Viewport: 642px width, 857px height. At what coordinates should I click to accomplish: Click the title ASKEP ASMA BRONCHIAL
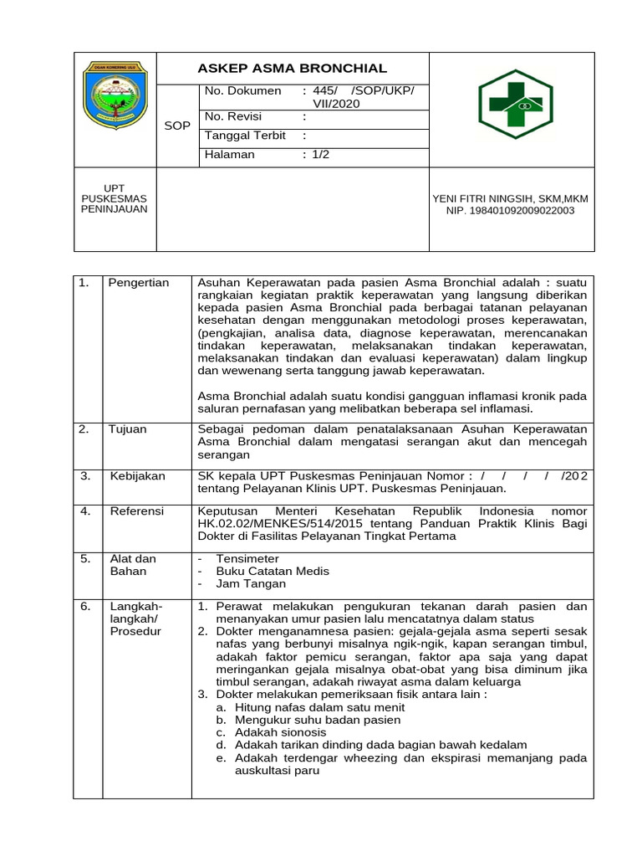pos(292,69)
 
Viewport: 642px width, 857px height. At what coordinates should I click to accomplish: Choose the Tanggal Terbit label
pos(246,136)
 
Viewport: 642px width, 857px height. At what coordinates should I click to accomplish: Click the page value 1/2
pos(321,155)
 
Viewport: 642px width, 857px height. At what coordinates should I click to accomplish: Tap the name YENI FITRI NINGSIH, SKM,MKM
pos(510,198)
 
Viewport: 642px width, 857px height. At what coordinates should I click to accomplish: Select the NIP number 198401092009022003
pos(510,211)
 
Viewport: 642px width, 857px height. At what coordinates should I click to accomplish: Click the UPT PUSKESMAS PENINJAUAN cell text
pos(114,198)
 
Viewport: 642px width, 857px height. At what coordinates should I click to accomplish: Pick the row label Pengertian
pos(138,283)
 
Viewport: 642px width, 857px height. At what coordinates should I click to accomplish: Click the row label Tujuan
pos(127,429)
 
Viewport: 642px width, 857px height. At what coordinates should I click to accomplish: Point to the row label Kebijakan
pos(138,476)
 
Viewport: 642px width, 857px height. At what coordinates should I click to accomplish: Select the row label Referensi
pos(137,511)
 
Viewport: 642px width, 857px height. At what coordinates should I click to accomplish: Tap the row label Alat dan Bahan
pos(133,565)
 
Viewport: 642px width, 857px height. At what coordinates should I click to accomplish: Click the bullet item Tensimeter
pos(247,558)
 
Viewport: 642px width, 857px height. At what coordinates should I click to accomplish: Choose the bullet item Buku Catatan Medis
pos(273,571)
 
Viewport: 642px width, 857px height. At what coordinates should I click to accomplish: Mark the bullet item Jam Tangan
pos(251,584)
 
